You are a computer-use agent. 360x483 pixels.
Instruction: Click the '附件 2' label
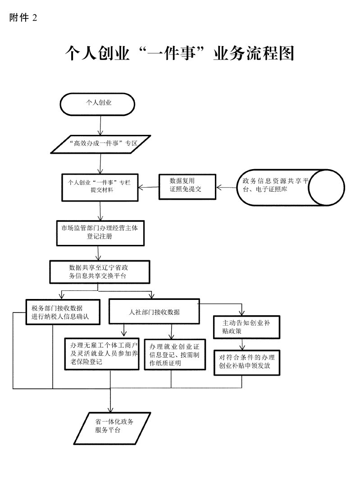(x=23, y=18)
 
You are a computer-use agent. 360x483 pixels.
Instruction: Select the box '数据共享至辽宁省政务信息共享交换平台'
(x=100, y=271)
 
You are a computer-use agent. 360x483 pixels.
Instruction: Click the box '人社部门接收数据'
(x=155, y=311)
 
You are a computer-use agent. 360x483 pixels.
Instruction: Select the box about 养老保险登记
(x=101, y=353)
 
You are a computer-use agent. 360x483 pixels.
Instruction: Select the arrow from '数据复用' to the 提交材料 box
(x=149, y=187)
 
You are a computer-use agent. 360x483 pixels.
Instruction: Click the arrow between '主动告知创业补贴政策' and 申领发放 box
(x=244, y=344)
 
